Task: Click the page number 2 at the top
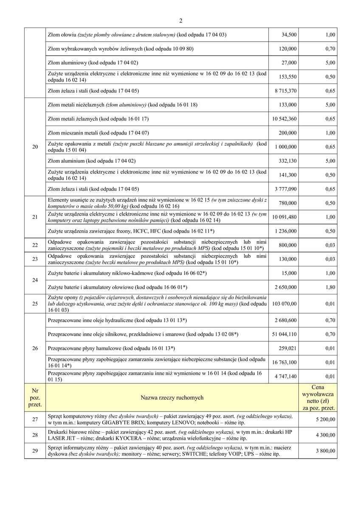[x=180, y=20]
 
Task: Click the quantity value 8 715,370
[x=284, y=91]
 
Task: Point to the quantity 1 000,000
[x=286, y=147]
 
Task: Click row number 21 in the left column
[x=35, y=217]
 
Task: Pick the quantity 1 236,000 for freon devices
[x=286, y=231]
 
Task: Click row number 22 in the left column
[x=35, y=245]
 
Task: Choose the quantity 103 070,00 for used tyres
[x=284, y=304]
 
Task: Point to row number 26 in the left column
[x=35, y=348]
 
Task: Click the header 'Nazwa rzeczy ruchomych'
[x=172, y=397]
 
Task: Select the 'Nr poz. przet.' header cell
[x=35, y=397]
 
